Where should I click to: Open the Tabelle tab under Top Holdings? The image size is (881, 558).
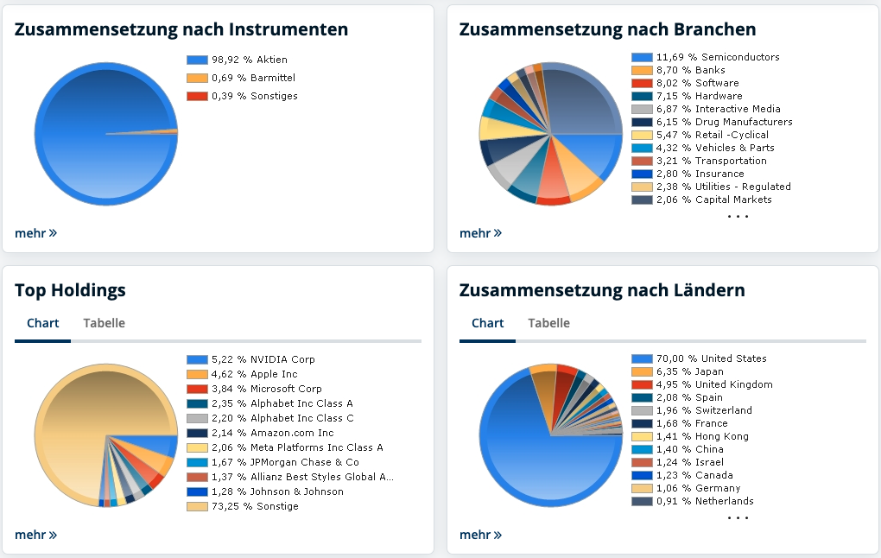pyautogui.click(x=104, y=323)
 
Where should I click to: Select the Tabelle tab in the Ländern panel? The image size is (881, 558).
pyautogui.click(x=548, y=323)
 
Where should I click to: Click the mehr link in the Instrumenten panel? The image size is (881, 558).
pyautogui.click(x=35, y=232)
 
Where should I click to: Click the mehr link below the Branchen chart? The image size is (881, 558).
pyautogui.click(x=480, y=232)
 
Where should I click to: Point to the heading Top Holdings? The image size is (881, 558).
pyautogui.click(x=70, y=290)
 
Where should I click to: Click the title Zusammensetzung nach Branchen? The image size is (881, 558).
pyautogui.click(x=607, y=29)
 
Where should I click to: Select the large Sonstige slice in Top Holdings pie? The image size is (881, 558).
pyautogui.click(x=78, y=432)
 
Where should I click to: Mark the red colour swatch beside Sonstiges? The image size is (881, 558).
pyautogui.click(x=197, y=96)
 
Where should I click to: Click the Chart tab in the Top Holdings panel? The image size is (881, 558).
pyautogui.click(x=42, y=323)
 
